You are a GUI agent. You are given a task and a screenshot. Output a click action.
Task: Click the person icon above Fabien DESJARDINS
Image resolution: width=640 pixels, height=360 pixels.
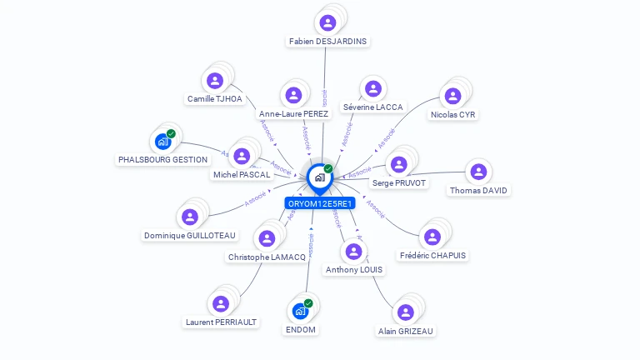[327, 22]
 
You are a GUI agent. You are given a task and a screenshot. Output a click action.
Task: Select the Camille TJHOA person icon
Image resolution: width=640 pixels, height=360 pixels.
[215, 81]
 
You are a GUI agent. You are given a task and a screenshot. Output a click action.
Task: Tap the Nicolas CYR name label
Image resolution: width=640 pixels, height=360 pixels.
[453, 114]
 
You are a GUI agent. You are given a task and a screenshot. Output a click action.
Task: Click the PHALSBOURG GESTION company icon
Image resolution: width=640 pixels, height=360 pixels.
[162, 142]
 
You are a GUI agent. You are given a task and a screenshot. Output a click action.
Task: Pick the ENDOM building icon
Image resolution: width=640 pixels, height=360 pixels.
[300, 312]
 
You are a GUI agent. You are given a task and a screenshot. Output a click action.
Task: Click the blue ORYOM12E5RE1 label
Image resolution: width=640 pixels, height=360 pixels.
[320, 203]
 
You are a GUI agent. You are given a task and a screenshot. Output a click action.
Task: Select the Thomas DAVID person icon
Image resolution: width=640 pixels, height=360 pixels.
[478, 172]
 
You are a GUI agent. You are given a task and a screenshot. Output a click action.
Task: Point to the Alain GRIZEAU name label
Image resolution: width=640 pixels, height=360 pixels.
[406, 331]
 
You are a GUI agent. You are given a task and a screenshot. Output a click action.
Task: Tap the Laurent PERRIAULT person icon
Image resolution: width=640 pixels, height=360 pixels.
[221, 304]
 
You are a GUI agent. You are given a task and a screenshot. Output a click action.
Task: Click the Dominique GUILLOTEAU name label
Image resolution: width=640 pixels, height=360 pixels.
[190, 236]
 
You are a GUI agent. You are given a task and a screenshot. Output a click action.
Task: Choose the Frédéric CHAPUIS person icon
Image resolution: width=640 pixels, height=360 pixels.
[432, 237]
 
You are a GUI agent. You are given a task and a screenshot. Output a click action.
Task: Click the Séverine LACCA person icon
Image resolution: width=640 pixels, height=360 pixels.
[372, 89]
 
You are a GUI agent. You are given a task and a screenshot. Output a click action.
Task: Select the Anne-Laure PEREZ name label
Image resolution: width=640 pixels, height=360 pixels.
[294, 113]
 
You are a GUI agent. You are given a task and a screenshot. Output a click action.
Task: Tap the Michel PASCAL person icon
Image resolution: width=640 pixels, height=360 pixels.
[242, 157]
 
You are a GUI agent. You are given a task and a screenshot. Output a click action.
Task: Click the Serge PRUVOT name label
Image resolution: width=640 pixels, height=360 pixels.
[399, 182]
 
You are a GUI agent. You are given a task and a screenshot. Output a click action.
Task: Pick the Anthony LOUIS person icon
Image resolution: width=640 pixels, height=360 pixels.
[354, 252]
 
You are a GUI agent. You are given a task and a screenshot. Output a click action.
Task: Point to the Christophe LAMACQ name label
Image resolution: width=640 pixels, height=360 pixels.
[267, 257]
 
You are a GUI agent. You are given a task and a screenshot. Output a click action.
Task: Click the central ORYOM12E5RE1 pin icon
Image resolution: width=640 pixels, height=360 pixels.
[319, 177]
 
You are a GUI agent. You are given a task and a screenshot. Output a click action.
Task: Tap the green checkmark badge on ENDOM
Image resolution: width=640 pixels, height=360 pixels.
[308, 303]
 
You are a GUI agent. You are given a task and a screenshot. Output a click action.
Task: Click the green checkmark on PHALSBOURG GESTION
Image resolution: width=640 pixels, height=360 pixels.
[171, 133]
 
